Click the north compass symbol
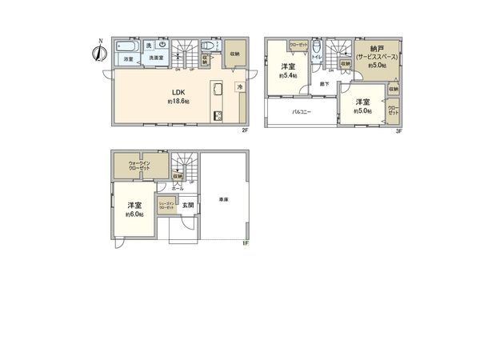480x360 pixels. tap(98, 53)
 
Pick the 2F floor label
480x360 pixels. tap(246, 131)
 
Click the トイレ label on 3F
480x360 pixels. tap(316, 58)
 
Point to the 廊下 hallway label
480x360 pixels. tap(325, 83)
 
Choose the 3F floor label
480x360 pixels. tap(398, 131)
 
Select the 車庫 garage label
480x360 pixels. tap(222, 198)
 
